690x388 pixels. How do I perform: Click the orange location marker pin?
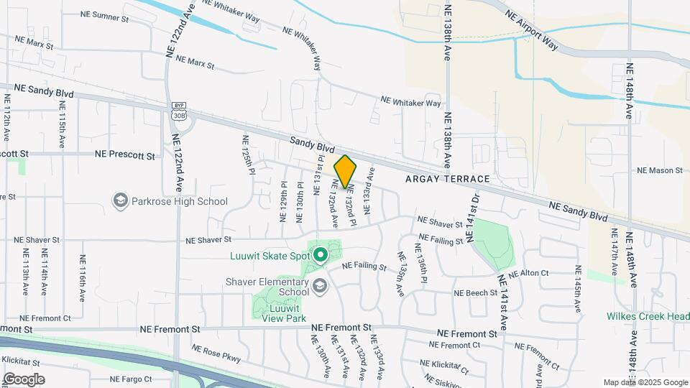(346, 172)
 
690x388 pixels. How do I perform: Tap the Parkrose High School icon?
(120, 201)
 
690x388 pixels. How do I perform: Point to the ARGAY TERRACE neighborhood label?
(447, 178)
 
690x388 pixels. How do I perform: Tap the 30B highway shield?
(179, 115)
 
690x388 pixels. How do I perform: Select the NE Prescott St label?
(125, 154)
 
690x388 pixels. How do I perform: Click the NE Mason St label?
(659, 170)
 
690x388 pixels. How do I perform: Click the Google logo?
(24, 379)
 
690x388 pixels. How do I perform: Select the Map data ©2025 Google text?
(645, 382)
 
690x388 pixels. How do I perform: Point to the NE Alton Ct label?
(528, 274)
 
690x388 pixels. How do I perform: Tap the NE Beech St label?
(475, 293)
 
